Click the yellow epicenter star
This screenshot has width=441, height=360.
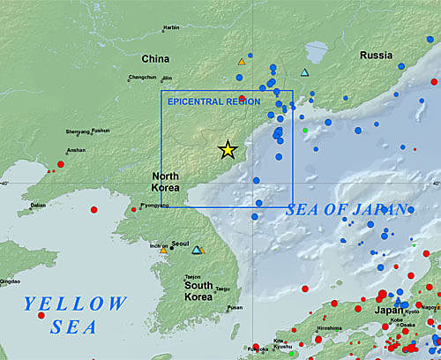point(228,150)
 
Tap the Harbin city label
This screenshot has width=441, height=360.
point(171,28)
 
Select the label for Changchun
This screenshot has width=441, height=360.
point(142,78)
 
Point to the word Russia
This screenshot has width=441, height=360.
point(376,56)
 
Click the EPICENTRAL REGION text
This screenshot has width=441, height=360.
point(213,101)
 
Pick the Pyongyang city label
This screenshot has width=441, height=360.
point(154,205)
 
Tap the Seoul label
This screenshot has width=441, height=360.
point(181,244)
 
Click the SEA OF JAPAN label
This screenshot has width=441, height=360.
point(347,210)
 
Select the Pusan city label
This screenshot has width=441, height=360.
point(235,308)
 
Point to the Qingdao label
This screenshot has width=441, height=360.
point(10,281)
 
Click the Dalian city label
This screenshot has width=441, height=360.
point(38,205)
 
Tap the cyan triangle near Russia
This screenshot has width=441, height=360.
point(304,72)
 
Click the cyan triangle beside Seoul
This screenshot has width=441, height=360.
point(197,250)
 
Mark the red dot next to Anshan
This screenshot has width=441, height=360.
point(60,164)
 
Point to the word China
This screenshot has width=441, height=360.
point(155,59)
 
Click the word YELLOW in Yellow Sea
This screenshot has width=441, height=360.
point(76,304)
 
